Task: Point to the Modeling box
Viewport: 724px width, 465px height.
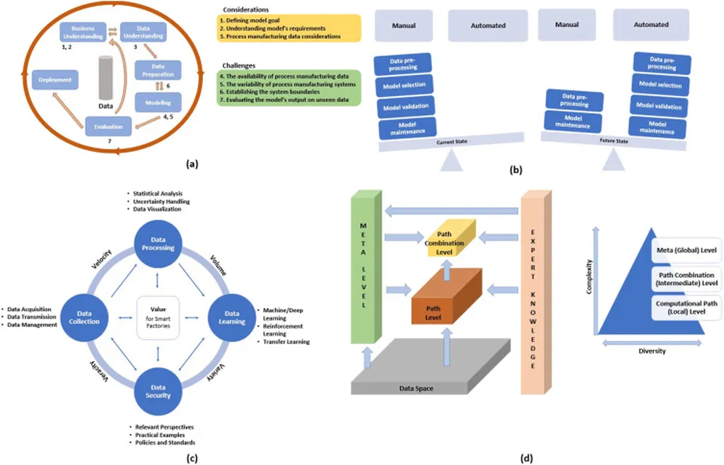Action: [157, 104]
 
